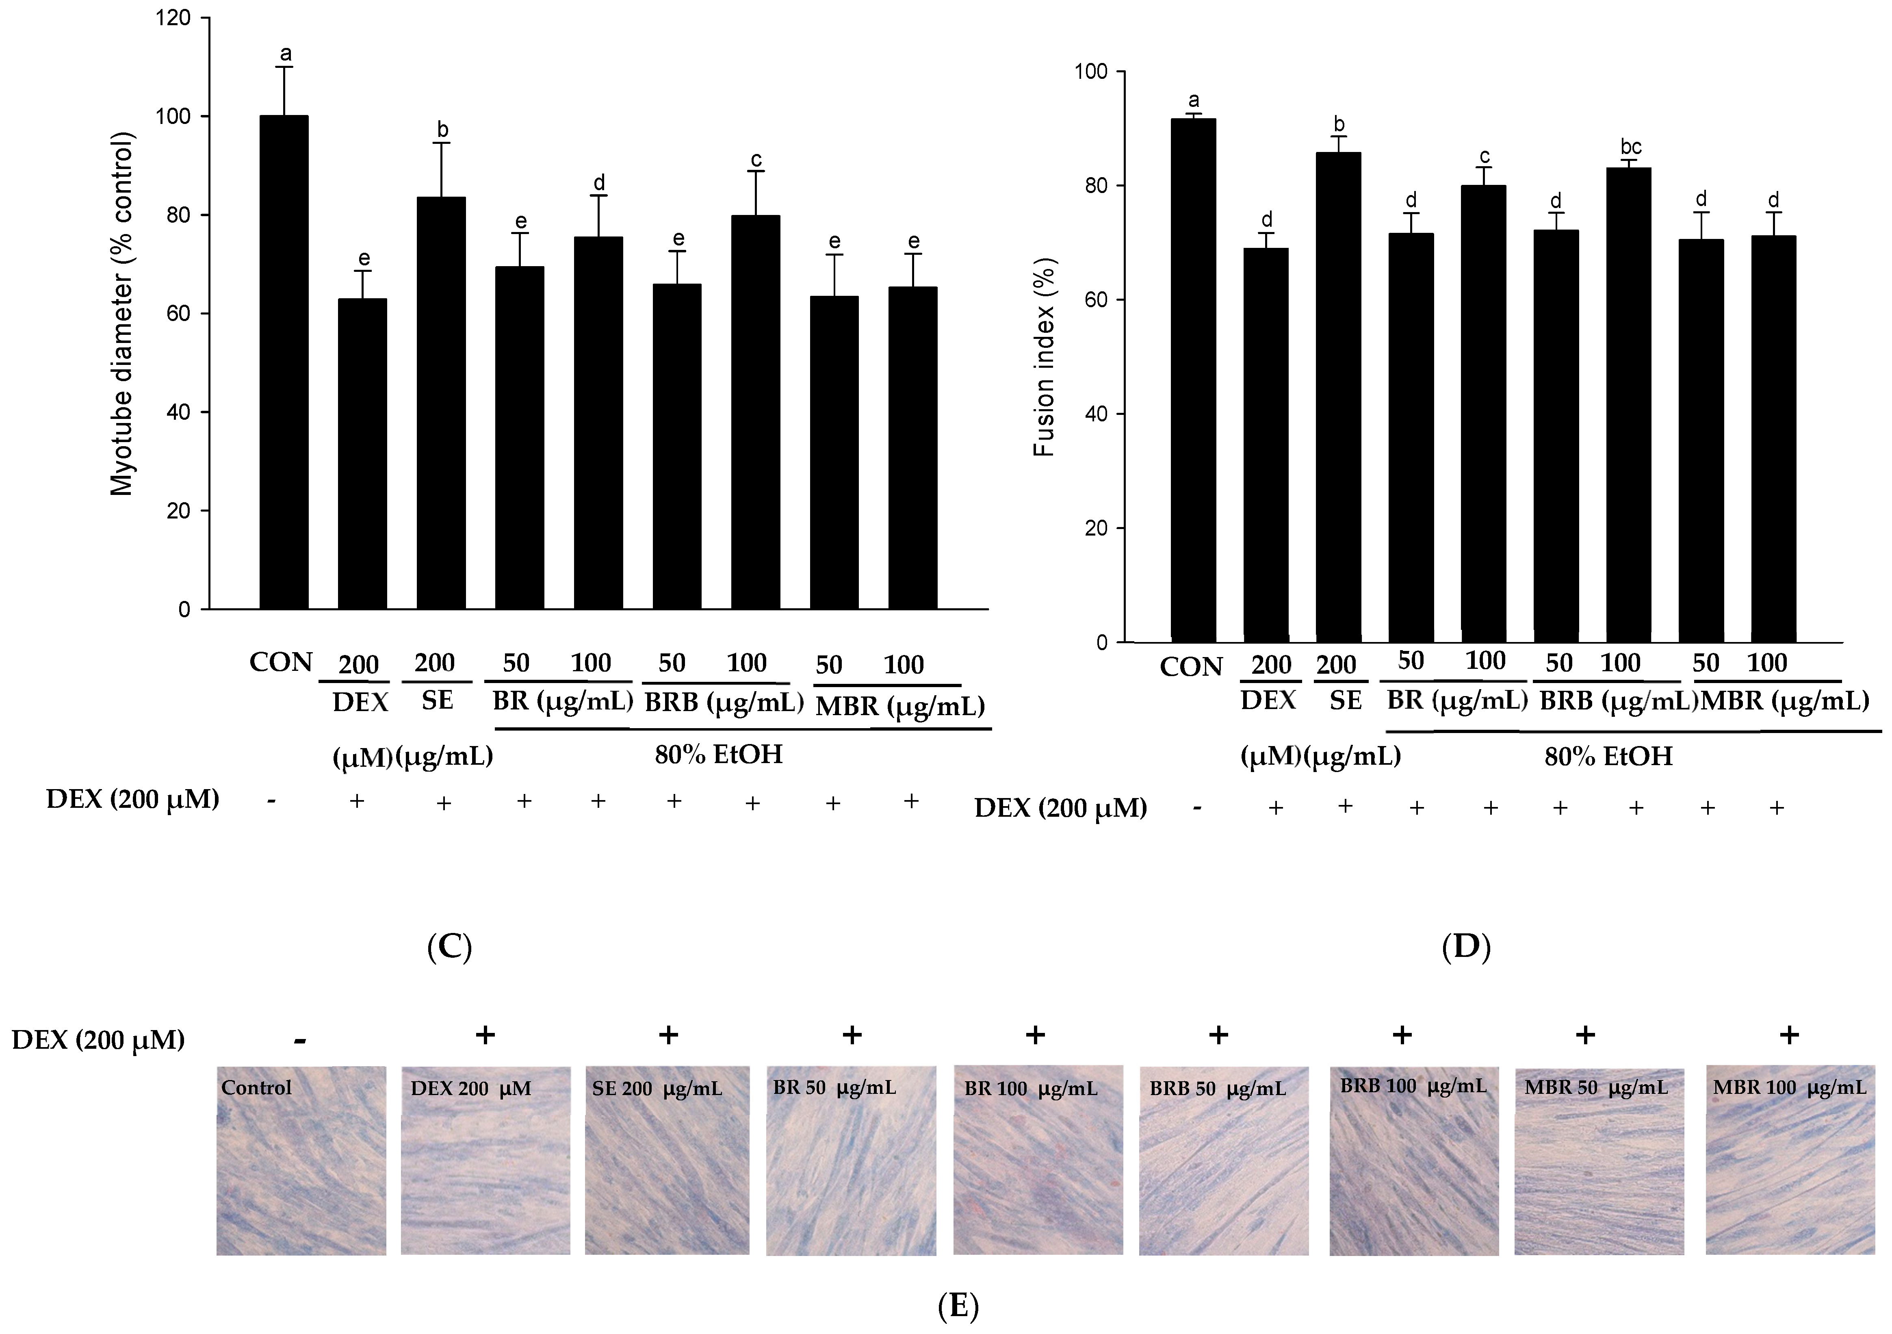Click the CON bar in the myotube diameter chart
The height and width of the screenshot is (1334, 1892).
click(284, 362)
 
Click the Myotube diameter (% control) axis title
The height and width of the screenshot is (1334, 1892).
click(122, 313)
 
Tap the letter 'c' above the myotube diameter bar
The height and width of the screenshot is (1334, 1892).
click(756, 159)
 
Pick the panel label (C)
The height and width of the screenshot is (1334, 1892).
click(449, 948)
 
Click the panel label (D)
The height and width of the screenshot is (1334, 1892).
click(1466, 948)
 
